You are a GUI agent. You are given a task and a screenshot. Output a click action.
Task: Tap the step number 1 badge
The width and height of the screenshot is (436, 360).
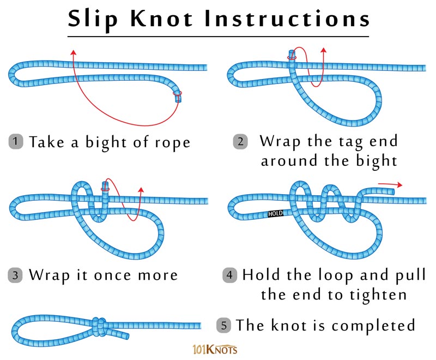click(x=17, y=142)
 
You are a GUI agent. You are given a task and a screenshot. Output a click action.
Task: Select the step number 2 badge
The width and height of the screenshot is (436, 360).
click(x=240, y=142)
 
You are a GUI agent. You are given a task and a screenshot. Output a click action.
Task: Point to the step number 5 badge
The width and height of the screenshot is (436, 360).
click(x=224, y=326)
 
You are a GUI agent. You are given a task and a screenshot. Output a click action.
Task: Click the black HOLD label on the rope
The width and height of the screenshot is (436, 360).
click(x=275, y=214)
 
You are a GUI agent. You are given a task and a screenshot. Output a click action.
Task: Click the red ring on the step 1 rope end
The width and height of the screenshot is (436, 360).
click(x=178, y=99)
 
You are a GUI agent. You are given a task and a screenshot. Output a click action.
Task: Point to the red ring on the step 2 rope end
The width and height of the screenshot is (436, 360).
click(x=292, y=57)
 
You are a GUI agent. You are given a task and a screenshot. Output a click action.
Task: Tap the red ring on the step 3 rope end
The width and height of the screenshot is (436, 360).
click(x=106, y=189)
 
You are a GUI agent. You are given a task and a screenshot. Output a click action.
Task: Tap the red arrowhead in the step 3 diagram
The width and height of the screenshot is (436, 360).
click(x=141, y=190)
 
